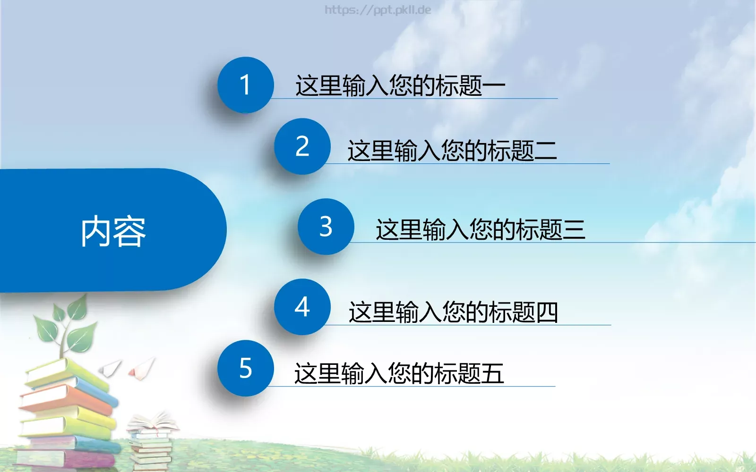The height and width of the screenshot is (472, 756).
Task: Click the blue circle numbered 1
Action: (245, 85)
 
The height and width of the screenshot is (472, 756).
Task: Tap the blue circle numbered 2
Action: (302, 146)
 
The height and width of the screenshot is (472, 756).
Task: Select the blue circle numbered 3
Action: (326, 227)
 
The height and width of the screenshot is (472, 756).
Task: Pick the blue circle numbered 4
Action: (302, 307)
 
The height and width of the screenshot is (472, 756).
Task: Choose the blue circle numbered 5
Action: (245, 368)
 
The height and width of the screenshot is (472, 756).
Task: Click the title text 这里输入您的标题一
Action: (400, 86)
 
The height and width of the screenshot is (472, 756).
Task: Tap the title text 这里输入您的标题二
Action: (452, 151)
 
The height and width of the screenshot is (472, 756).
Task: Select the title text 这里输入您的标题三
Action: (480, 230)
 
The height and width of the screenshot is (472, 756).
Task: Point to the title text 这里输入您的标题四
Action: (453, 312)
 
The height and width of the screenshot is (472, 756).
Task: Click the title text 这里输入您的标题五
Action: (399, 374)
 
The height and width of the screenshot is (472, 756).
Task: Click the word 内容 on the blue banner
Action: (113, 231)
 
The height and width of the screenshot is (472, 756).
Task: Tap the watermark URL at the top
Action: (378, 10)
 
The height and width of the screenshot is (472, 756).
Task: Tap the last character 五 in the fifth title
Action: (492, 374)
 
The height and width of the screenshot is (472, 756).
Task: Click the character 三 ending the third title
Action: (574, 230)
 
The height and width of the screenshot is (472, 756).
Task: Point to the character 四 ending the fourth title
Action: (547, 312)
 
